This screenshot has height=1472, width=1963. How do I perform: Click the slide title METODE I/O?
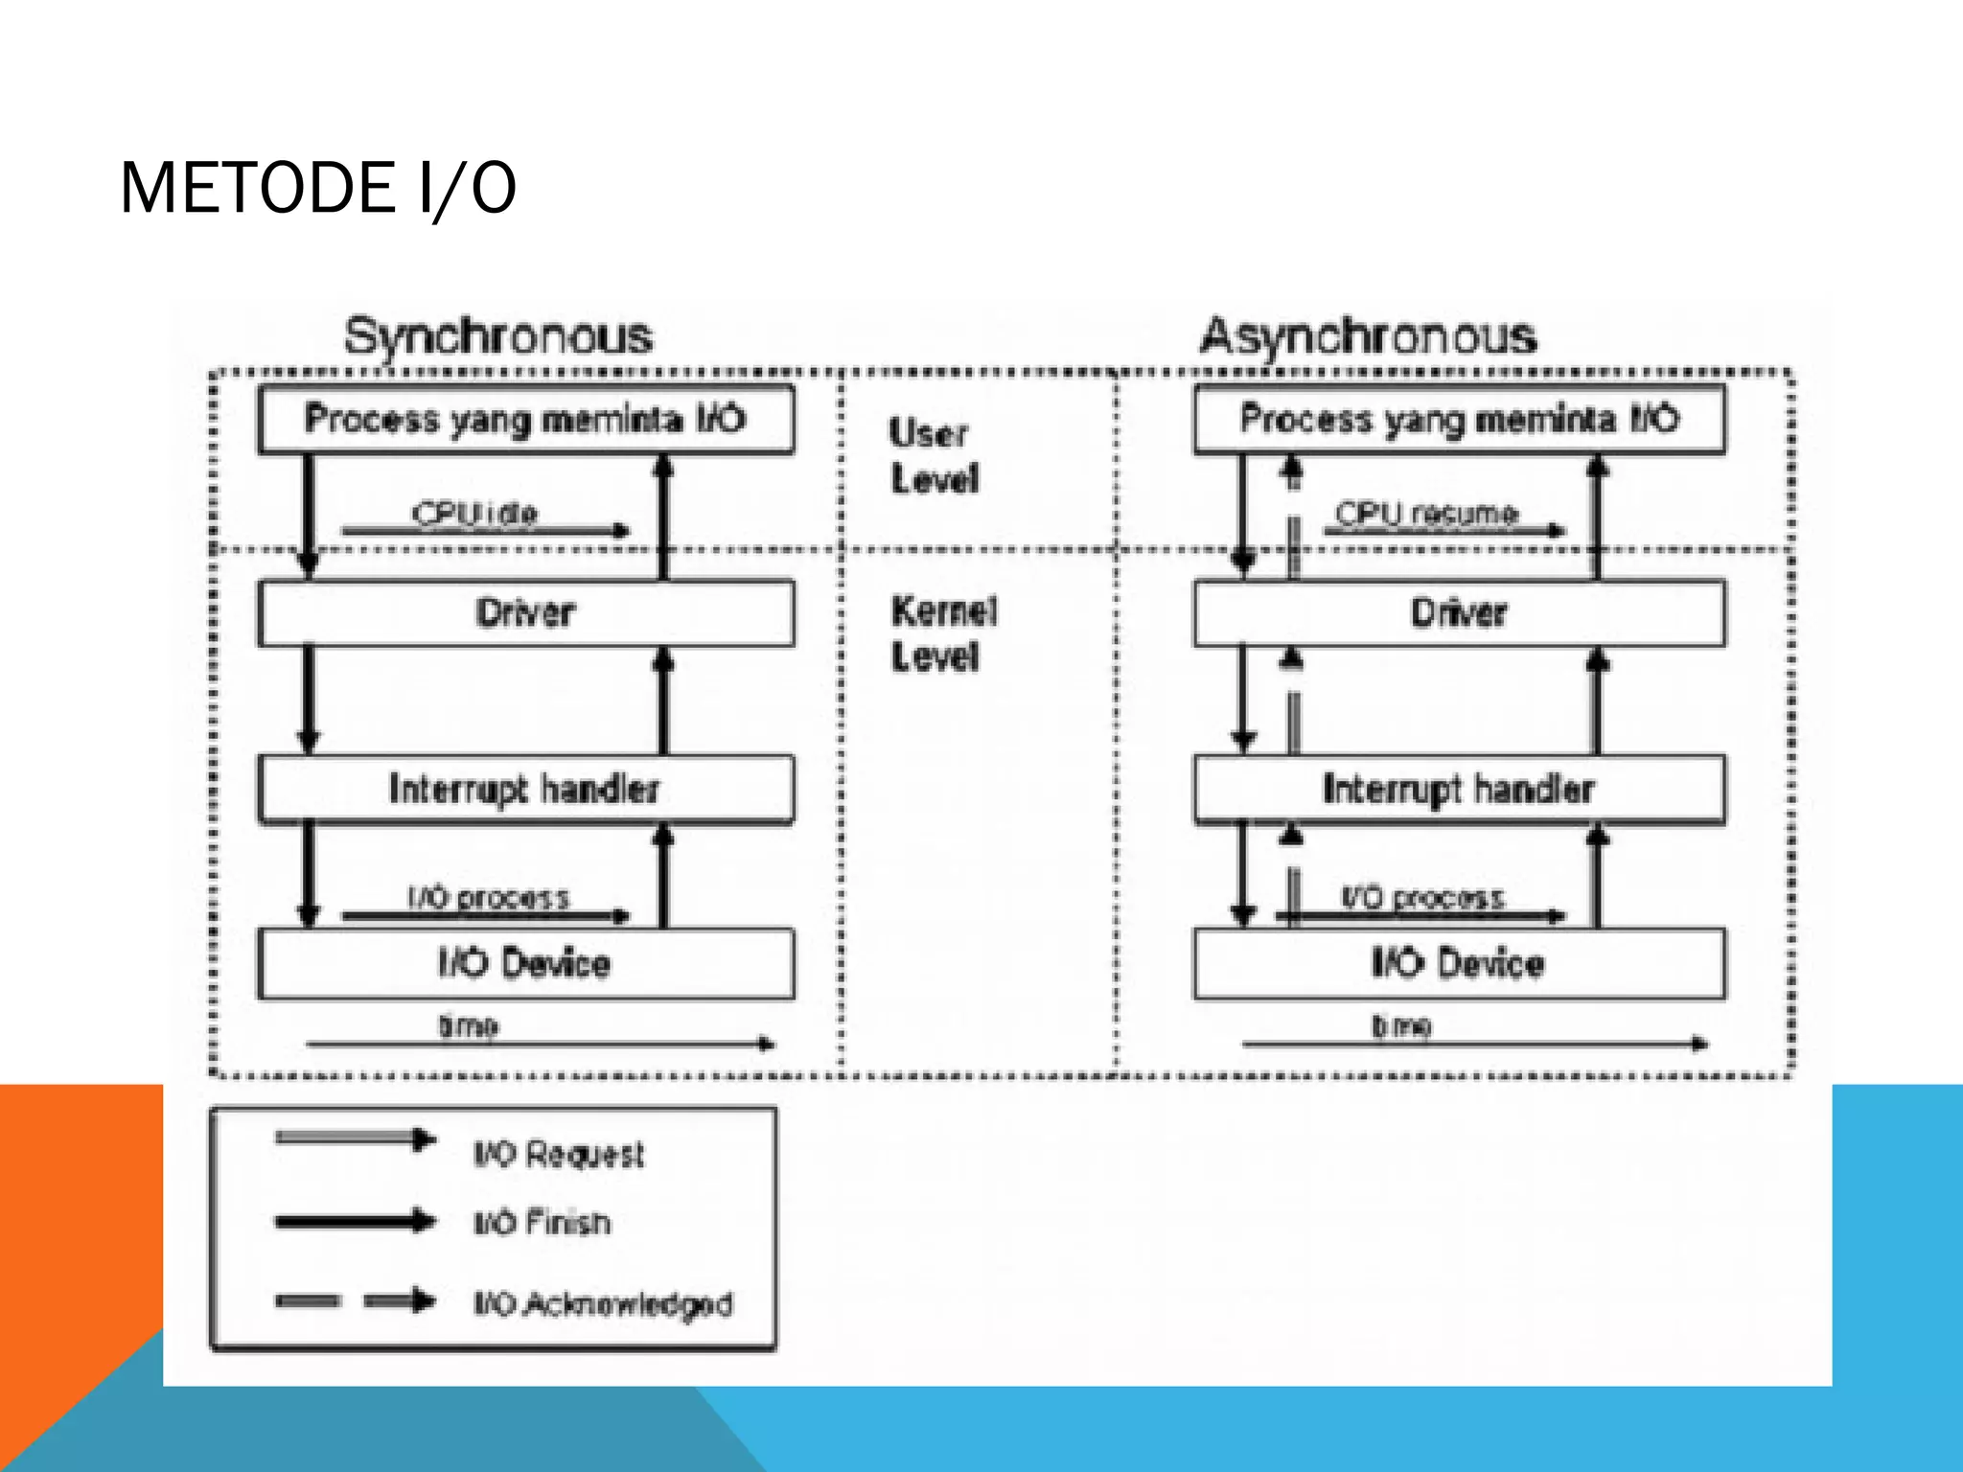click(317, 188)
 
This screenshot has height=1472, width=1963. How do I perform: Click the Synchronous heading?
click(498, 337)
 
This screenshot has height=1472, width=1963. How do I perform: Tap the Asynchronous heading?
click(1368, 337)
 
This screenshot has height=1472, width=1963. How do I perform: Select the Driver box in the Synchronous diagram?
click(525, 613)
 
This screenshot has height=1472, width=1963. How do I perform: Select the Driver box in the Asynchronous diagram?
click(1459, 613)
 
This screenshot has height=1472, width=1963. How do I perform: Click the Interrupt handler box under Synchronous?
click(525, 790)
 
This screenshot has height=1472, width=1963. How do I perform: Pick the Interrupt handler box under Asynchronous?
click(1459, 790)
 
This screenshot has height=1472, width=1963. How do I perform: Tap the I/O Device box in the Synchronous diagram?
click(525, 963)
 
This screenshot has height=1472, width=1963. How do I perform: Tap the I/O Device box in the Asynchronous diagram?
click(1459, 963)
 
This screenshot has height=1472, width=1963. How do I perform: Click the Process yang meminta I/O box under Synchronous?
click(525, 420)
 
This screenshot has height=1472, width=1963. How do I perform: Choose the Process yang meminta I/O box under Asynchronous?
click(1459, 420)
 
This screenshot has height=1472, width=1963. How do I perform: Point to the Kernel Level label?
click(943, 634)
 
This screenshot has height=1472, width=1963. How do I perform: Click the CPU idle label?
click(475, 514)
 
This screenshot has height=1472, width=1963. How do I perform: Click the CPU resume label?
click(1426, 514)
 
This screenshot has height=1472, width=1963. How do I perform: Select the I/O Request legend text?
click(559, 1154)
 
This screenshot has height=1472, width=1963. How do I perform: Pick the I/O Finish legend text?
click(543, 1224)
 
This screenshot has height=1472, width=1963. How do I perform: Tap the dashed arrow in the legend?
click(355, 1301)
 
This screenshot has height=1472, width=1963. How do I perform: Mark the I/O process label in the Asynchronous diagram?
click(1422, 898)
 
